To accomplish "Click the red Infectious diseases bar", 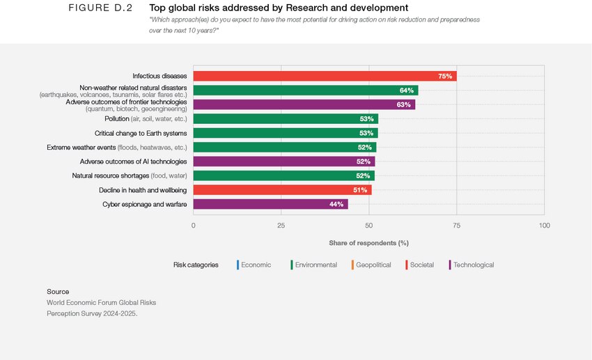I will (x=325, y=76).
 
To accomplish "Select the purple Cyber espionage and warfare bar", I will (x=270, y=204).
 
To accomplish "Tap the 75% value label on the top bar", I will (x=445, y=76).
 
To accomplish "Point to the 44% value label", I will (x=336, y=204).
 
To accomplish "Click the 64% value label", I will (x=407, y=91).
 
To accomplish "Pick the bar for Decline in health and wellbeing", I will (x=282, y=189).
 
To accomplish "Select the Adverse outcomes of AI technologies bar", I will (x=283, y=162).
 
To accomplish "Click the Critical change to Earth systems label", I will (x=140, y=133).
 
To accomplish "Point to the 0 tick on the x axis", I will (x=194, y=226).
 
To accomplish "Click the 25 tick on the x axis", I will (x=281, y=226).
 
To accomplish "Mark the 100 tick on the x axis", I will (x=544, y=226).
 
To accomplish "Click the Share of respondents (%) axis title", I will (x=368, y=243).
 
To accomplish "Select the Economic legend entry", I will (x=256, y=265).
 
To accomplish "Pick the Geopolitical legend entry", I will (x=373, y=265).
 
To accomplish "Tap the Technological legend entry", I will (x=473, y=265).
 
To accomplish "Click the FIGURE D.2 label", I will (x=100, y=8).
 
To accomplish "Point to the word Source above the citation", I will (x=58, y=291).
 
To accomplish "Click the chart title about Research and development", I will (x=279, y=8).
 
